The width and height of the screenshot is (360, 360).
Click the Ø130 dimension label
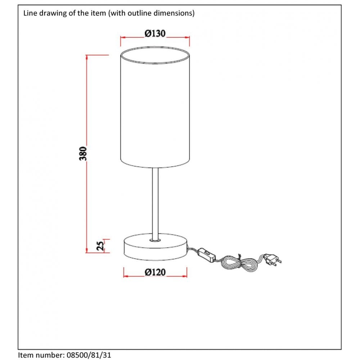(x=155, y=33)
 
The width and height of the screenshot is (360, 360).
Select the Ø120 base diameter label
(x=155, y=273)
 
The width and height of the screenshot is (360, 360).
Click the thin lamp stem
(x=155, y=202)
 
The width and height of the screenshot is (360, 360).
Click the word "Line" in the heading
(x=30, y=13)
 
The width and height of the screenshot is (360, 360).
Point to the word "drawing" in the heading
(x=49, y=13)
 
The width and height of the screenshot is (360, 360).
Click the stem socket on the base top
(x=156, y=239)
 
